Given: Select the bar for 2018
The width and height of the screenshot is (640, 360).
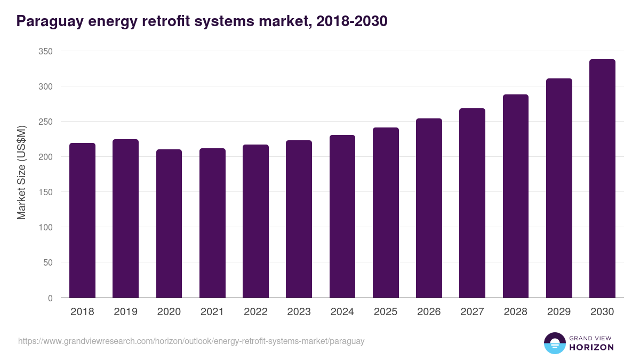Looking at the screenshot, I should click(82, 220).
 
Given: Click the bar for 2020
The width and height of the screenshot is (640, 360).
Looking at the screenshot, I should click(169, 223).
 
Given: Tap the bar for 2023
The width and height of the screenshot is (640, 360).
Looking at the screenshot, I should click(299, 219).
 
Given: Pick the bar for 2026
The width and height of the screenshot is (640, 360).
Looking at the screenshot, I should click(429, 208).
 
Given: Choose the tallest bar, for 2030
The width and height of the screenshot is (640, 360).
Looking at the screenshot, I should click(602, 179).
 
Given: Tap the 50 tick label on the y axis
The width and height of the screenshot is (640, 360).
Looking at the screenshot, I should click(48, 262).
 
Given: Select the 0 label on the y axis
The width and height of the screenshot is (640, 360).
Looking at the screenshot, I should click(50, 298).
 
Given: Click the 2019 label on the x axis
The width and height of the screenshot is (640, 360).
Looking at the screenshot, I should click(125, 312).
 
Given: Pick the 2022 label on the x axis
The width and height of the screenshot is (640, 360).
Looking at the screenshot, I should click(255, 312).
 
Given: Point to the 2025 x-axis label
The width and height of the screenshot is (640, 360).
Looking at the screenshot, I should click(386, 312).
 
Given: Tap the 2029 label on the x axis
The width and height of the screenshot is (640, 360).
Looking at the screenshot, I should click(559, 312).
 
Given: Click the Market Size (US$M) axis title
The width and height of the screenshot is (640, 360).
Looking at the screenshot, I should click(21, 172).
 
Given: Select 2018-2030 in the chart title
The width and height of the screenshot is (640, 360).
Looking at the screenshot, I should click(351, 22).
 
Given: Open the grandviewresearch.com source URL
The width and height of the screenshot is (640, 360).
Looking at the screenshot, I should click(191, 341).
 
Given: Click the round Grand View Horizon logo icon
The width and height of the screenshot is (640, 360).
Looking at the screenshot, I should click(555, 343).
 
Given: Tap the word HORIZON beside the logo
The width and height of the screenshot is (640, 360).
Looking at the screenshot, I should click(591, 347).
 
